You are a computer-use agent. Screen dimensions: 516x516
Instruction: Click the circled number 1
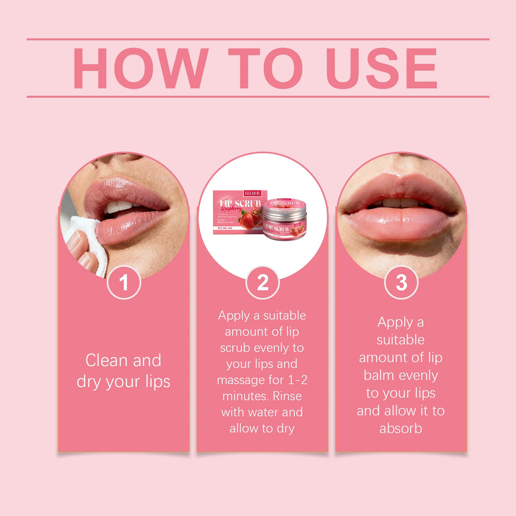(x=124, y=283)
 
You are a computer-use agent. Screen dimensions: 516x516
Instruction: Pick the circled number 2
(x=262, y=283)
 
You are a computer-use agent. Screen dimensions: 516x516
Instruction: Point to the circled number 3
(x=401, y=283)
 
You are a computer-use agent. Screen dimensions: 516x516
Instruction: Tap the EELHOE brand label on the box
(x=252, y=193)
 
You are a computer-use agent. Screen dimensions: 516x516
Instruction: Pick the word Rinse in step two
(x=289, y=397)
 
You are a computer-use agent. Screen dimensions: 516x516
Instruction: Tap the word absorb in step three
(x=401, y=429)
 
